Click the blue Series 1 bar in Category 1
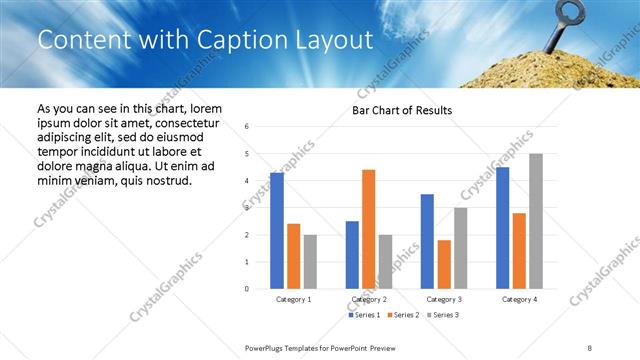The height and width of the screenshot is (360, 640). point(277,231)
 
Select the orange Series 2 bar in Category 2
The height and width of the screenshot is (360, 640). point(368,229)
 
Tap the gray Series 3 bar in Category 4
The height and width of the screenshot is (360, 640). point(536,221)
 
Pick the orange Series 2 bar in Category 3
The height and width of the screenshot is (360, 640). point(444,264)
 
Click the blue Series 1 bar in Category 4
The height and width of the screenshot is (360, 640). point(502,228)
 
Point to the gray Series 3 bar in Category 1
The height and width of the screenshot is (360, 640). point(310,262)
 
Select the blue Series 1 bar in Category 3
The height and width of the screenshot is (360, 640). point(427,241)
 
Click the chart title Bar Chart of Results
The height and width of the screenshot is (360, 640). point(402,110)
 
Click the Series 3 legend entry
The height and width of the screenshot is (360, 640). point(443,315)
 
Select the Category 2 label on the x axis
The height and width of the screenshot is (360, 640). point(368,299)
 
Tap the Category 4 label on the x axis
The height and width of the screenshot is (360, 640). point(519,299)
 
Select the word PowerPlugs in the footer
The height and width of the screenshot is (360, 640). point(268,347)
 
